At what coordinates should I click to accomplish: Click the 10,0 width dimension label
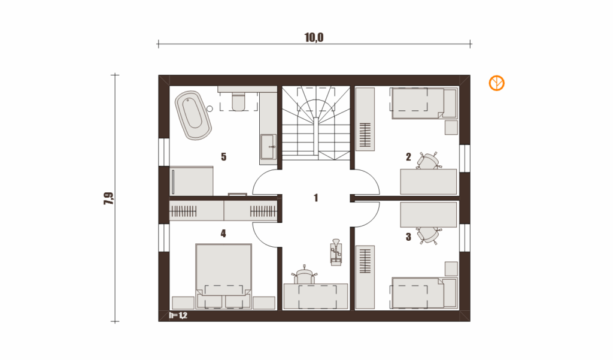point(314,38)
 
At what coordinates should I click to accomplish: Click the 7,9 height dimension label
point(109,198)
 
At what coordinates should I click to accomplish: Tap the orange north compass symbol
point(496,83)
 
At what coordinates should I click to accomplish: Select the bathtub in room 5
point(193,115)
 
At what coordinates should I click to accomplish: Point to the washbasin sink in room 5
point(269,147)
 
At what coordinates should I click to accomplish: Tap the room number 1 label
point(316,198)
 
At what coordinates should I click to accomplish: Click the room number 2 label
point(408,157)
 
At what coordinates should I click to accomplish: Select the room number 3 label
point(408,237)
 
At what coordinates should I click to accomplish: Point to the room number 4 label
point(223,234)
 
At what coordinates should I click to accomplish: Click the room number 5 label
point(224,157)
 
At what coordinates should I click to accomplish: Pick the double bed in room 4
point(224,276)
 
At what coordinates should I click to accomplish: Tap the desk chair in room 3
point(428,235)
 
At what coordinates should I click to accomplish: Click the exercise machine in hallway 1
point(336,252)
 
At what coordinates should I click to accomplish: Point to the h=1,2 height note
point(178,316)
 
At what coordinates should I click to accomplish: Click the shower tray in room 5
point(192,181)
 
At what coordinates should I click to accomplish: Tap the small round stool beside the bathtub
point(210,109)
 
